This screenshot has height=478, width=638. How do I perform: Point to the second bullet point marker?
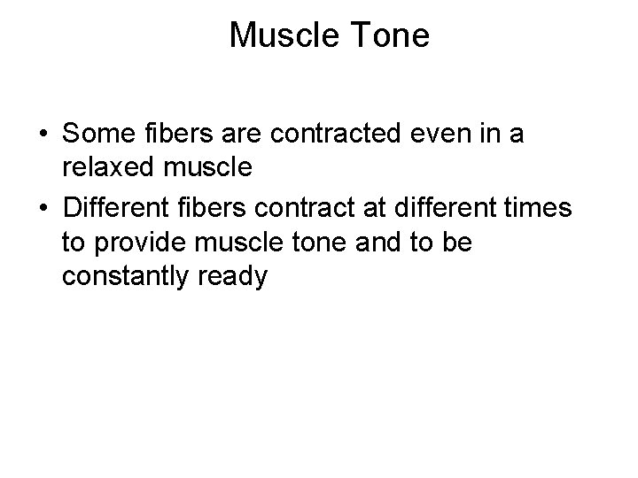43,209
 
